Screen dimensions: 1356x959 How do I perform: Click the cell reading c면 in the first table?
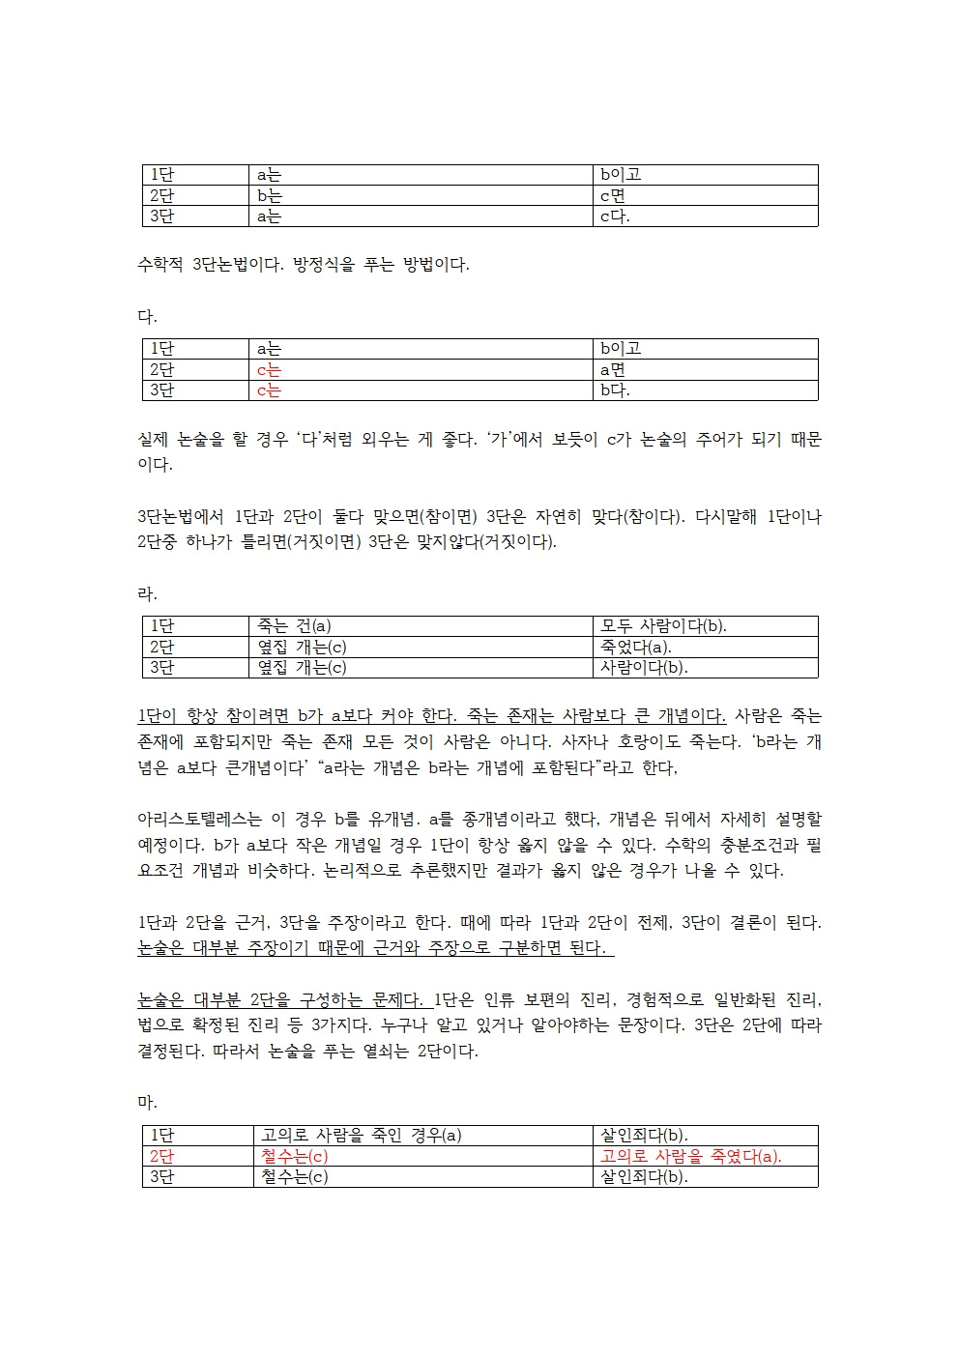[x=613, y=195]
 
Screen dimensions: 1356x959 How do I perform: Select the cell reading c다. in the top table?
[x=615, y=216]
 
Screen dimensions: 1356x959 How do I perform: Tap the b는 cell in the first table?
[x=270, y=195]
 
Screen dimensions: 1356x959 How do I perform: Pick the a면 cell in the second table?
[x=613, y=369]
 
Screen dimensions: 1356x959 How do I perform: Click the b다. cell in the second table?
[x=615, y=390]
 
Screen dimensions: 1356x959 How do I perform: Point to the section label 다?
[x=147, y=316]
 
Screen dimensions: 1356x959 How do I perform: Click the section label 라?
[x=147, y=593]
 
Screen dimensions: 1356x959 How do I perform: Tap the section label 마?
[x=147, y=1103]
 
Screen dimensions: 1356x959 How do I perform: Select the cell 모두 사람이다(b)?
[x=663, y=626]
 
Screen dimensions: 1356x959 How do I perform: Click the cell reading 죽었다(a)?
[x=635, y=647]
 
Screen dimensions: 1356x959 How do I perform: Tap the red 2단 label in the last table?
[x=161, y=1156]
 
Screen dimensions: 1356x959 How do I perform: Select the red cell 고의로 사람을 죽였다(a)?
[x=690, y=1156]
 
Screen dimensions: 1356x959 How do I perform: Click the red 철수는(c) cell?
[x=294, y=1156]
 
